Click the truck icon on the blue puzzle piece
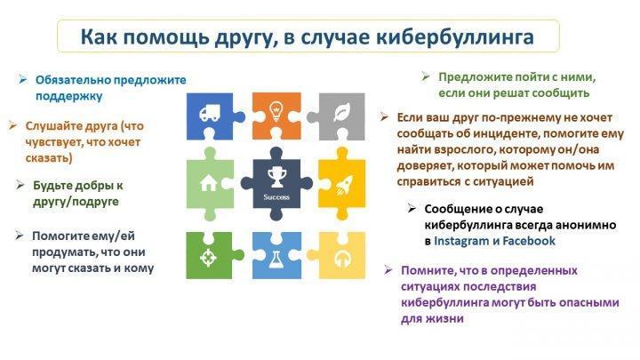click(210, 113)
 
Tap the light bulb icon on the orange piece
click(276, 110)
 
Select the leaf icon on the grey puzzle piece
click(341, 112)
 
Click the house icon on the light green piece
click(209, 183)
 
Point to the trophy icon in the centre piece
click(276, 178)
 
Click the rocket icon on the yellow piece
click(344, 186)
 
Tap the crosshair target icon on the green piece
click(208, 258)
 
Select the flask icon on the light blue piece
click(276, 260)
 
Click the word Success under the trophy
click(276, 197)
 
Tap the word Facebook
click(529, 241)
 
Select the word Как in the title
click(99, 36)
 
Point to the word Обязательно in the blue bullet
click(73, 80)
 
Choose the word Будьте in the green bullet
click(52, 185)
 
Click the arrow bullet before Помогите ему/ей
click(20, 235)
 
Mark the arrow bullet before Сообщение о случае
click(412, 209)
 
